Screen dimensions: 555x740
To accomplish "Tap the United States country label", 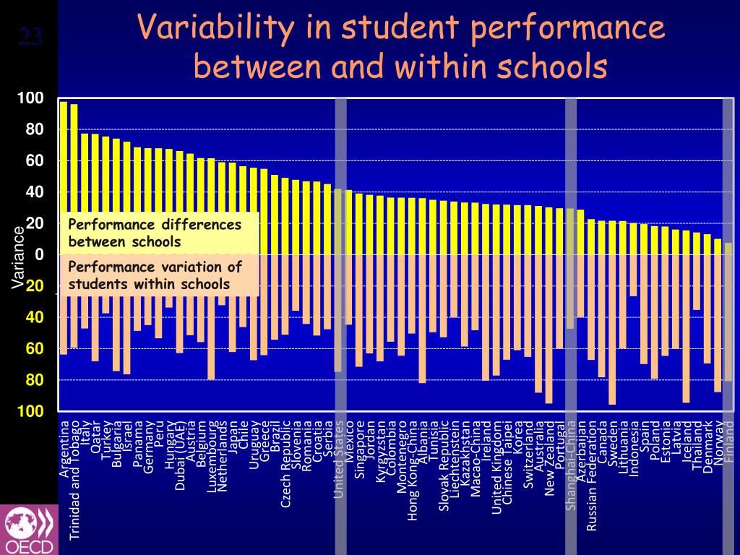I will tap(338, 459).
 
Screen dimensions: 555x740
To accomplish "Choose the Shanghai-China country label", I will tap(571, 465).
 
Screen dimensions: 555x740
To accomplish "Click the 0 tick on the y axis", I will tap(39, 254).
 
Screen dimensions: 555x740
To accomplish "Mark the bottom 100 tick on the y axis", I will tap(32, 411).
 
